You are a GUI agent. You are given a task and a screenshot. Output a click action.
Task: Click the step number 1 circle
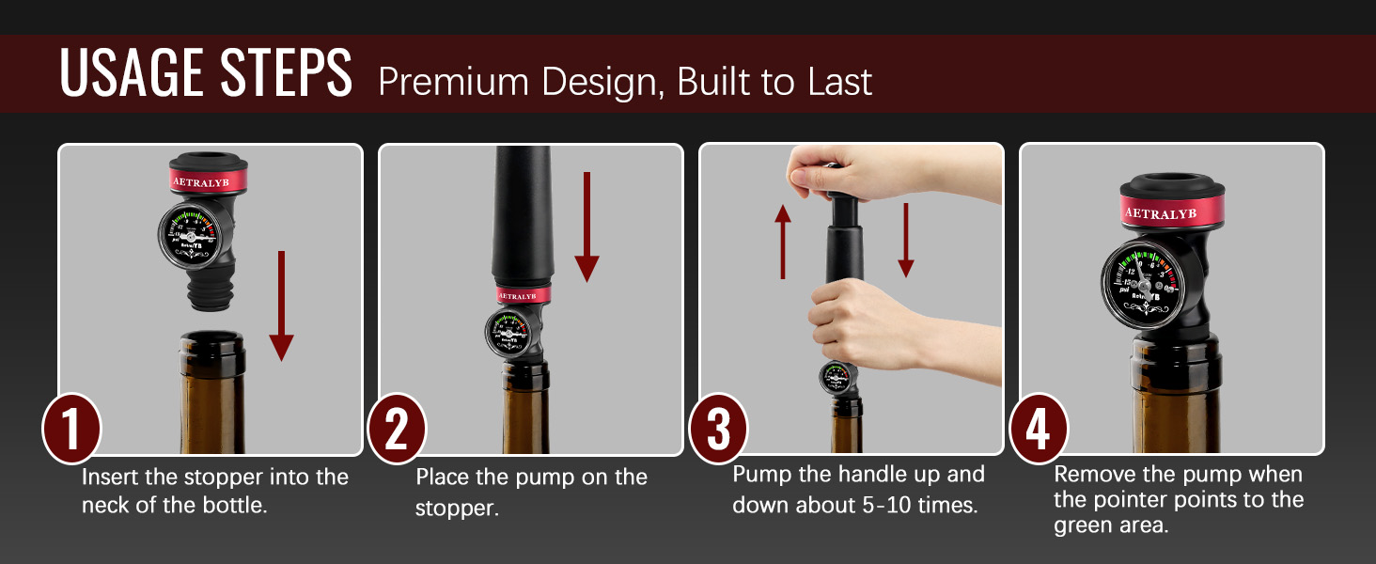point(71,430)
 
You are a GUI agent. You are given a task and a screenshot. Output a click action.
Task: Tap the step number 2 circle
point(397,430)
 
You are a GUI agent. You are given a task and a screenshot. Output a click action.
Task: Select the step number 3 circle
point(718,430)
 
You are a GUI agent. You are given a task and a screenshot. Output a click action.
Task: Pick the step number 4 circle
point(1038,430)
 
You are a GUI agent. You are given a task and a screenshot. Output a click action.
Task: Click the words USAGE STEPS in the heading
point(206,73)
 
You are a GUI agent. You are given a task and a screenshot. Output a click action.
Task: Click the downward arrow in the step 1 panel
point(280,305)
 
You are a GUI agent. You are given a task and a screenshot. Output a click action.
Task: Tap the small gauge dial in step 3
point(836,380)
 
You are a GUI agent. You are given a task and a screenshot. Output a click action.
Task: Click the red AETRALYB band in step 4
point(1171,212)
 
